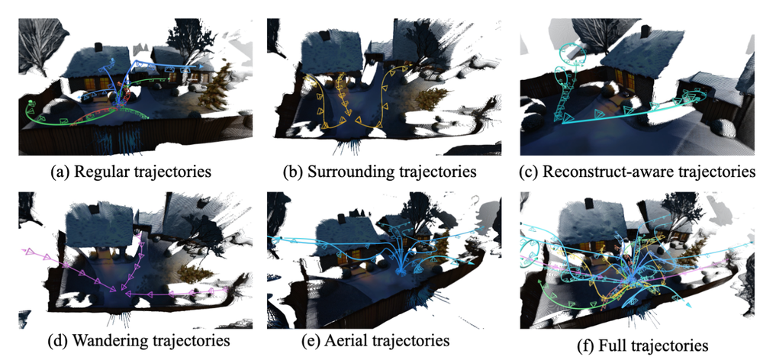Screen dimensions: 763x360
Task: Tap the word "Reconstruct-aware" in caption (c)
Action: point(610,172)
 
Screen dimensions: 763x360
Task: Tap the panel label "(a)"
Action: point(61,172)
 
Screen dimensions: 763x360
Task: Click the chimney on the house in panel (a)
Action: point(98,47)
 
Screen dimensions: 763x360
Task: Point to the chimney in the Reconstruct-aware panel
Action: point(645,31)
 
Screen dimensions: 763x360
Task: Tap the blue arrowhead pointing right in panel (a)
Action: point(199,65)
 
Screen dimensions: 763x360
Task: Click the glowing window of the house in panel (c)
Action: point(620,79)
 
